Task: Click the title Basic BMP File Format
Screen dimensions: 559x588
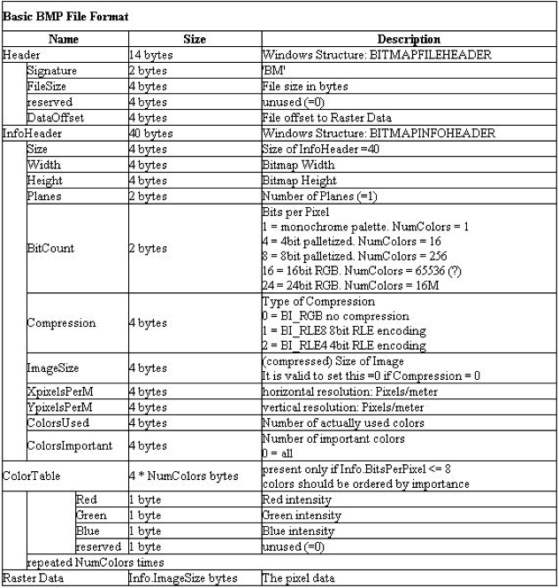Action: tap(66, 16)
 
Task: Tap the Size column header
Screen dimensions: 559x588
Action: tap(194, 40)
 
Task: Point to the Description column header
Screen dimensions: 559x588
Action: tap(410, 40)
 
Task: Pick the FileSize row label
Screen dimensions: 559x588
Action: tap(50, 86)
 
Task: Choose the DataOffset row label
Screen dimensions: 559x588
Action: tap(56, 117)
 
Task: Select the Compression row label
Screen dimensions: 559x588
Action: tap(62, 322)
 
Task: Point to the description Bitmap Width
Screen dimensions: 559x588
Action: tap(300, 165)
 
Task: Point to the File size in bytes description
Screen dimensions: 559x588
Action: tap(306, 86)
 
